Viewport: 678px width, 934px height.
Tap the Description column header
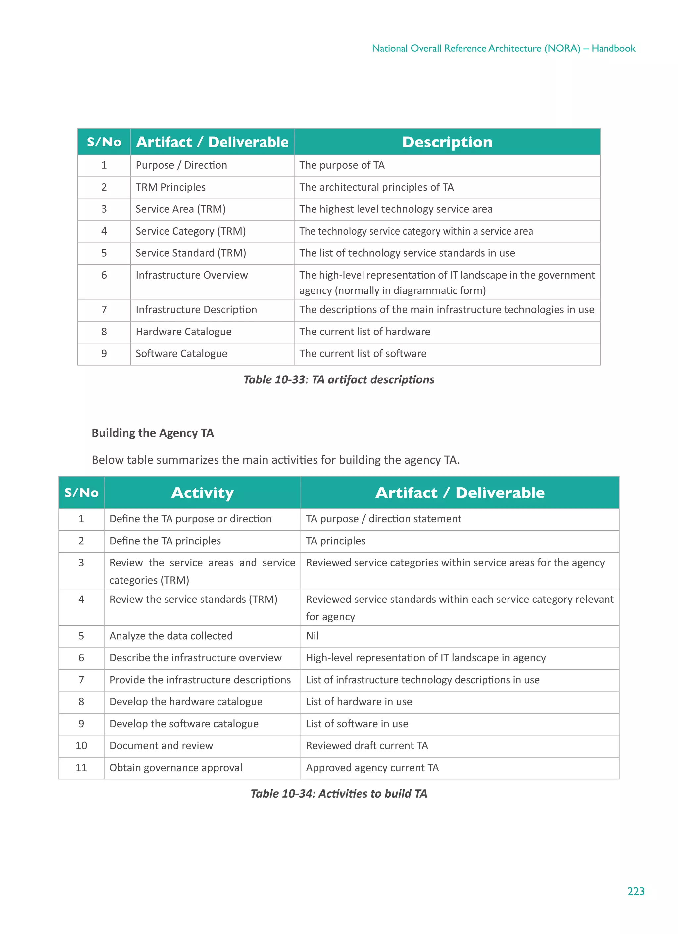click(447, 142)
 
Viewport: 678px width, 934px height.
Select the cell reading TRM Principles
click(170, 187)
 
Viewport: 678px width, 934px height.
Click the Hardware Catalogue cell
click(183, 332)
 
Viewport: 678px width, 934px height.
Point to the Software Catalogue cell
click(181, 353)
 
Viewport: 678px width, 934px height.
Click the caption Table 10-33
click(338, 379)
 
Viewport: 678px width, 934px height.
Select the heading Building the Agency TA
click(153, 433)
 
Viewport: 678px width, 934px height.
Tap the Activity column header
click(202, 493)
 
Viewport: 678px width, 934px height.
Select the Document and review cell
click(161, 745)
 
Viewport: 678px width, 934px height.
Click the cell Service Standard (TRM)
click(191, 253)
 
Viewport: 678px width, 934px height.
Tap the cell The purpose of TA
click(342, 165)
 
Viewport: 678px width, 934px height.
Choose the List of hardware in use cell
click(359, 701)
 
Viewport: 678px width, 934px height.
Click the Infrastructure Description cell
click(196, 310)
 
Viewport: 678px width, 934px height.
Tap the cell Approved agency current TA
click(372, 767)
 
